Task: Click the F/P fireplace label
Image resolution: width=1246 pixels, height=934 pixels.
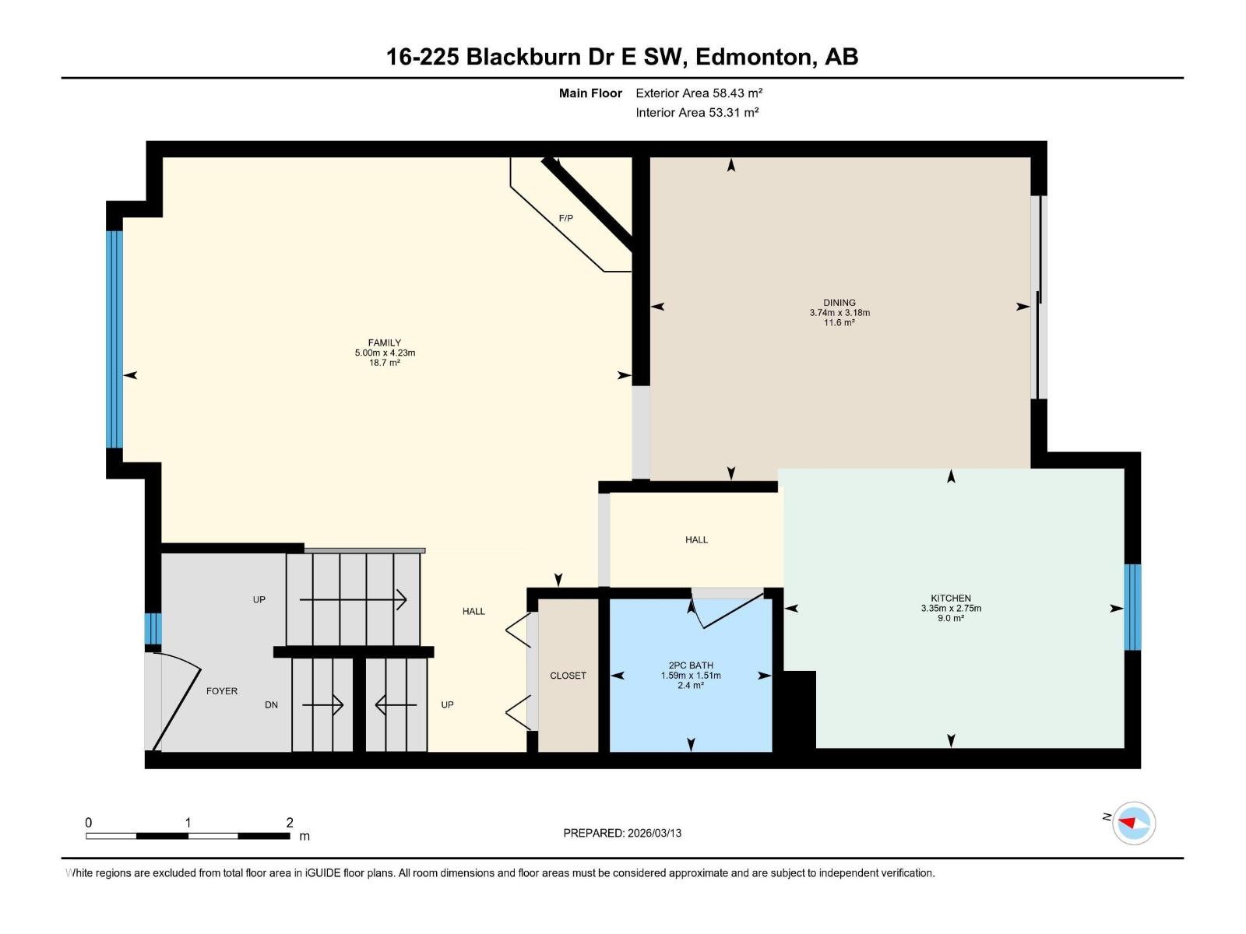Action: [x=565, y=219]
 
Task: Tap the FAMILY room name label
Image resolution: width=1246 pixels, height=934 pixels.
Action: [x=384, y=342]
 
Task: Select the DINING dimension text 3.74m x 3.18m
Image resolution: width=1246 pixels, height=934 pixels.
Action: [x=839, y=313]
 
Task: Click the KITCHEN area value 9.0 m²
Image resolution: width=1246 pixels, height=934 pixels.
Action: [x=950, y=619]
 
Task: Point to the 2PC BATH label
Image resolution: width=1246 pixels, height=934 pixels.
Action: [x=690, y=665]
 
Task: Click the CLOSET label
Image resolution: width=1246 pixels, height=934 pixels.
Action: [x=568, y=676]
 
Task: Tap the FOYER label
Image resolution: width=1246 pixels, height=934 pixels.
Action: [x=221, y=691]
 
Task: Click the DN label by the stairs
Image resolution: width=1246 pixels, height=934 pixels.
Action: [x=271, y=705]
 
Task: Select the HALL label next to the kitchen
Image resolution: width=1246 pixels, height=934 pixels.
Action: [x=696, y=539]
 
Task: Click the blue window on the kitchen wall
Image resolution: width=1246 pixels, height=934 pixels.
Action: [x=1132, y=607]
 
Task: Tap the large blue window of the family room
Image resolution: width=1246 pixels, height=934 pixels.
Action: [x=114, y=339]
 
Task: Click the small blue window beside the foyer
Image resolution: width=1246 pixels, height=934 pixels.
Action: [x=153, y=629]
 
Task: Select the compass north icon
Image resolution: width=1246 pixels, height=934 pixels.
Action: [x=1133, y=823]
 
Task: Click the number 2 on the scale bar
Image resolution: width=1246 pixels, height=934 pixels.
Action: [x=290, y=823]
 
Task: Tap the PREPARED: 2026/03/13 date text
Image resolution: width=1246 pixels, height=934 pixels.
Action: [x=622, y=833]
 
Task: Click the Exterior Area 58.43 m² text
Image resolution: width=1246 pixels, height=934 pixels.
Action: [x=699, y=93]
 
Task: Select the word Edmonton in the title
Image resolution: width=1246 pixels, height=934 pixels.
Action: [x=754, y=57]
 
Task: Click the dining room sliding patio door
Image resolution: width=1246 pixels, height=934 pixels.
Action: [x=1038, y=297]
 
